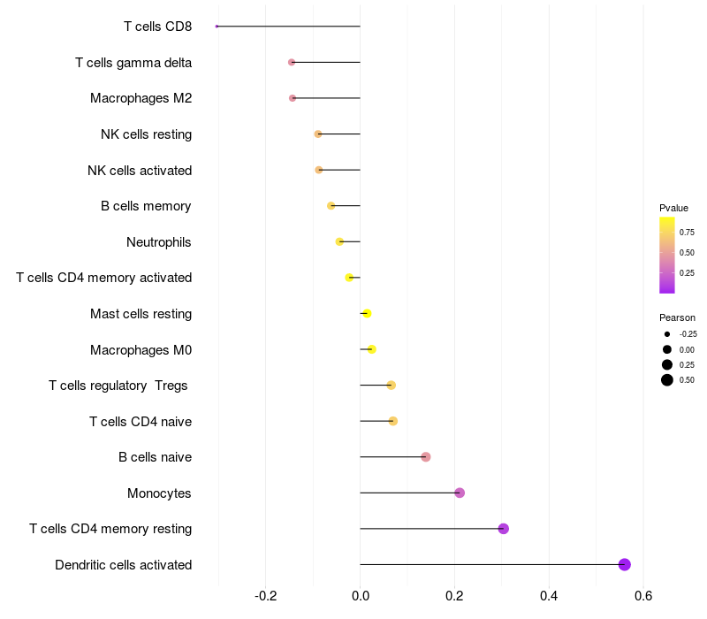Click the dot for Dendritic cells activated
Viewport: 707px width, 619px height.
pos(624,564)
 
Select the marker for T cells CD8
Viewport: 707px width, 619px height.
pos(217,27)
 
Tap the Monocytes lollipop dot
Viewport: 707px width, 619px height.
pos(460,493)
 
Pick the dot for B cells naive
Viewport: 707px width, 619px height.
pos(426,456)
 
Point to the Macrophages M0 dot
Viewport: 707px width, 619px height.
pos(371,349)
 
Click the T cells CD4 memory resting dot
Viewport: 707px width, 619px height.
pos(504,529)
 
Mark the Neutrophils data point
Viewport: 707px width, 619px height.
pos(339,241)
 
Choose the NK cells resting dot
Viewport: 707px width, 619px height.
pos(318,134)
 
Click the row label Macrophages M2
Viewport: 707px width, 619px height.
pos(141,98)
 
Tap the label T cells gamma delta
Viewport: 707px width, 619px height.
pos(133,62)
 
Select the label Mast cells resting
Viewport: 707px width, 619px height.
pos(141,314)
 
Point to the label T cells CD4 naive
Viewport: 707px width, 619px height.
pos(141,421)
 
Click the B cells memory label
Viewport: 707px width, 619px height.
pos(146,206)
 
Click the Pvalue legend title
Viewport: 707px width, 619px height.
pos(673,208)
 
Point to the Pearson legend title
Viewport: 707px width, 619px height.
pos(677,317)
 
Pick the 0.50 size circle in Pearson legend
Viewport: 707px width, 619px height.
pos(667,380)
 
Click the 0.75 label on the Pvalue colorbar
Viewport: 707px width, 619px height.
pos(687,232)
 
